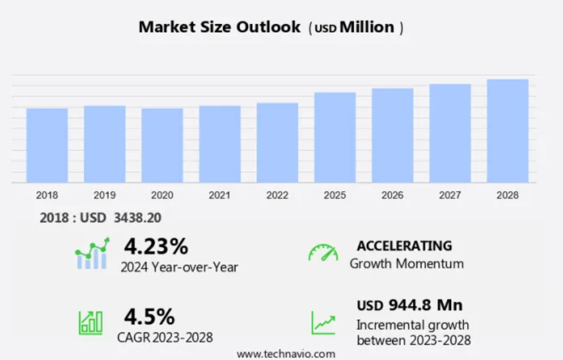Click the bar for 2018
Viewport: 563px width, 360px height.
coord(47,145)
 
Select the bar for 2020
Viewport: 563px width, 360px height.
coord(162,145)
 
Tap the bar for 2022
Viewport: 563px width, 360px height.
coord(277,143)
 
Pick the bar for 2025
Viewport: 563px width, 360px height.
coord(335,138)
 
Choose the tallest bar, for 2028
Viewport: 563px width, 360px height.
coord(508,131)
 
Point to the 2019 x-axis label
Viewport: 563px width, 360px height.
coord(104,195)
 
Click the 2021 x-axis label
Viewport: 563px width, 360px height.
coord(219,195)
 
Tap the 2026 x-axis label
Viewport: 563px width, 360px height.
coord(392,195)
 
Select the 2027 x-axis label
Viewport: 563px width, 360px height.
coord(450,195)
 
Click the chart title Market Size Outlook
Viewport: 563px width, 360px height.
coord(219,27)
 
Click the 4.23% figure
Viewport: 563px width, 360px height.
coord(156,246)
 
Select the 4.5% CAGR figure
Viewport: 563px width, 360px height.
coord(149,316)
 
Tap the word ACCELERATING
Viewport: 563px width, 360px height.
coord(404,246)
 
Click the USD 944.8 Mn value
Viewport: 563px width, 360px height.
coord(410,305)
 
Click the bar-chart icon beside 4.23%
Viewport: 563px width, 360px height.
coord(92,253)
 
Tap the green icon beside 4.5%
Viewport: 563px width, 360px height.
coord(90,323)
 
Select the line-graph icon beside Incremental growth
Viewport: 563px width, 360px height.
coord(323,323)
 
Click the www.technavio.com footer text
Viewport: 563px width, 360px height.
coord(286,354)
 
